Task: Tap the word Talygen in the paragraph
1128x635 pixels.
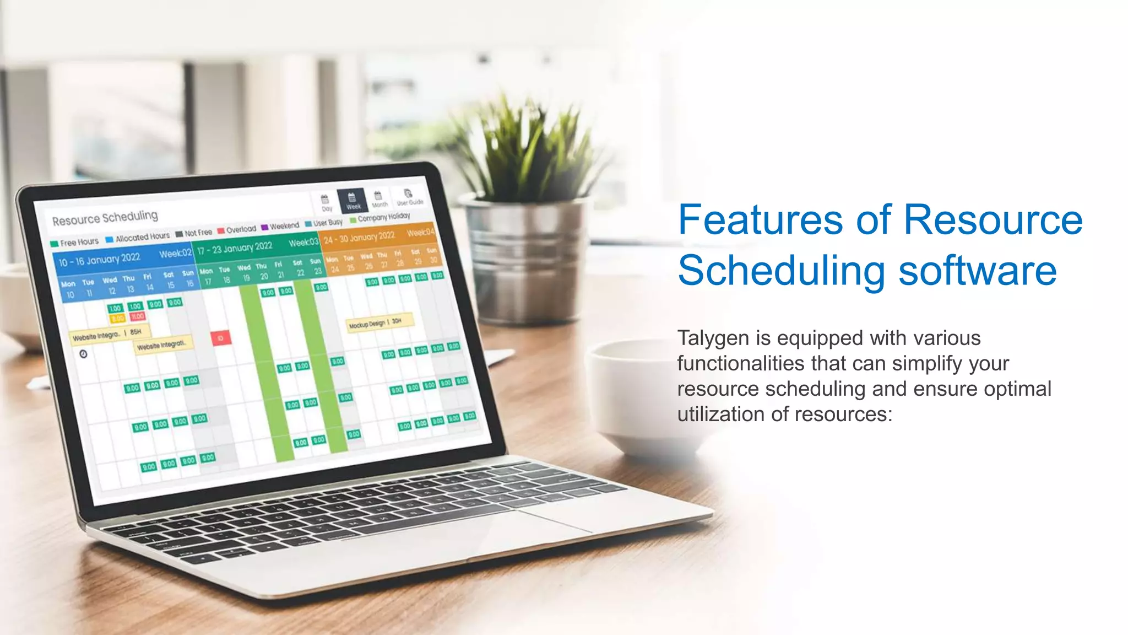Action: click(712, 338)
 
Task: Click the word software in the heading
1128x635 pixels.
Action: click(978, 271)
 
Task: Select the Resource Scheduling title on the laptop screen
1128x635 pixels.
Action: click(105, 218)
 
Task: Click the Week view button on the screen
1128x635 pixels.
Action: click(352, 200)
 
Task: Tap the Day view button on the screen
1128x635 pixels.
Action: click(326, 202)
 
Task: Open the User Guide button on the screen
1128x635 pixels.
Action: click(409, 197)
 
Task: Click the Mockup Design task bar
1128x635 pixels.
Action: click(379, 324)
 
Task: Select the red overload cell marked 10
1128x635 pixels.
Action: click(220, 338)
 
